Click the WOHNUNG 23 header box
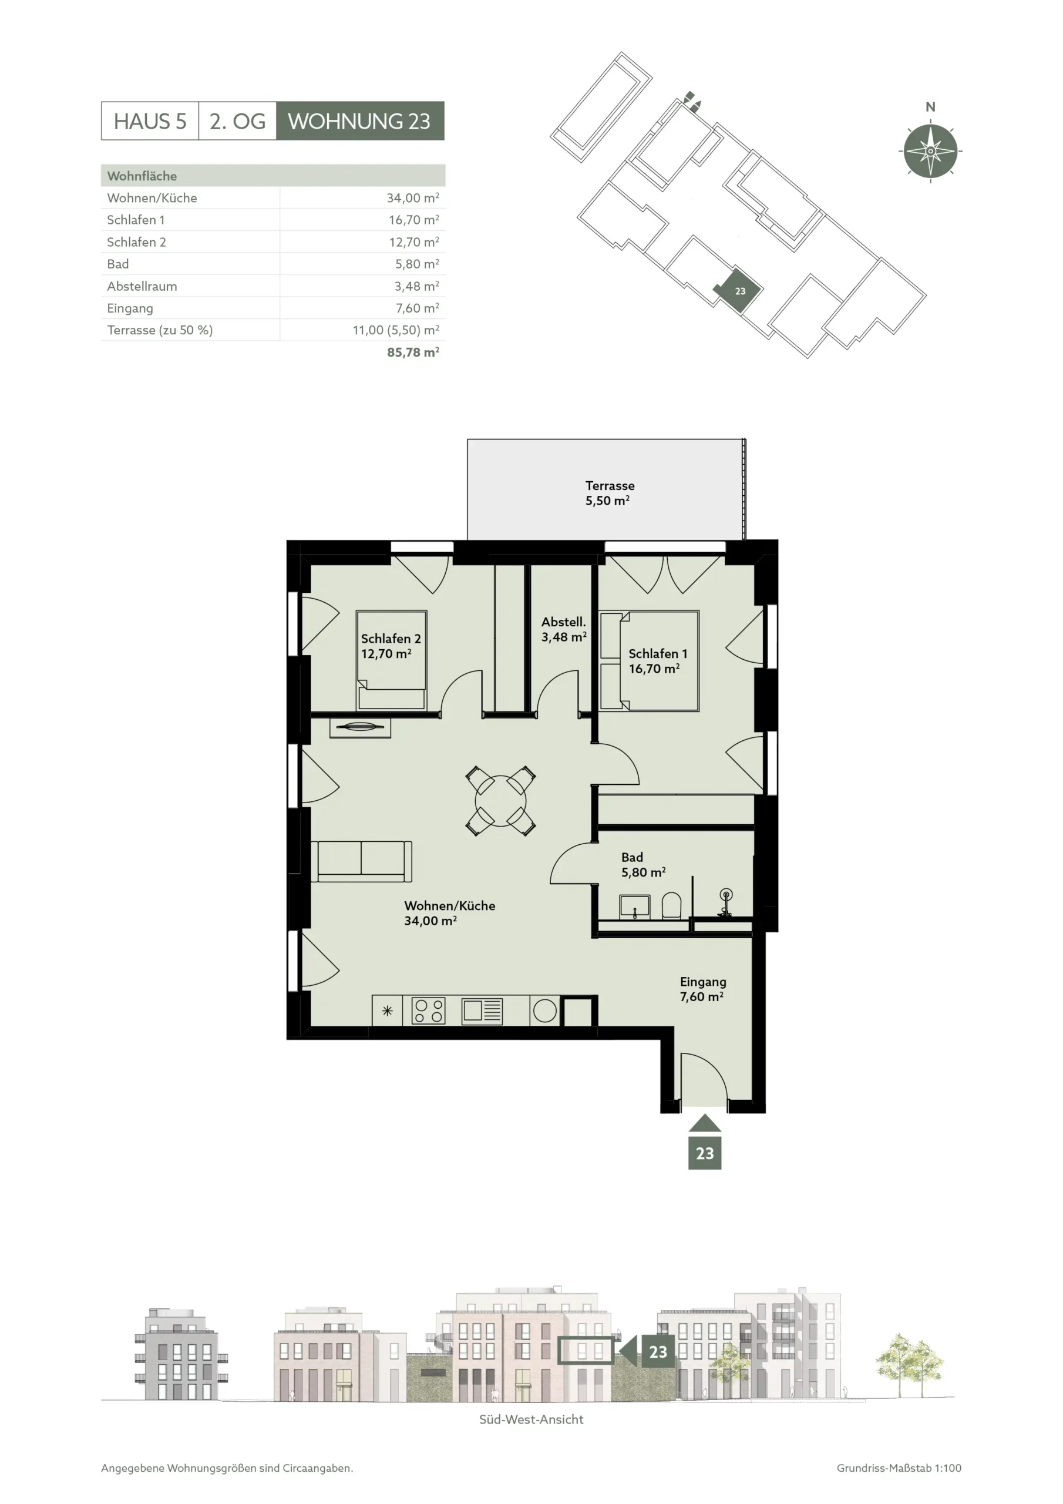click(360, 120)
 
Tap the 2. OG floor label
click(238, 121)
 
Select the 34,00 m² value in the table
click(413, 198)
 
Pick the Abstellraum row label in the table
click(142, 286)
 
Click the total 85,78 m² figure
click(413, 352)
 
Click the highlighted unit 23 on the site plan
click(739, 290)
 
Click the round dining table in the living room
click(500, 801)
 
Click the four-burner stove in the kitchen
click(428, 1010)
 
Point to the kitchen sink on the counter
click(482, 1010)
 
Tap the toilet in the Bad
click(671, 906)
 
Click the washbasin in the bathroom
click(635, 907)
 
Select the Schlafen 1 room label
click(658, 661)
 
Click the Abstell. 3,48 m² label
click(563, 629)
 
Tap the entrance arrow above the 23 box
click(705, 1123)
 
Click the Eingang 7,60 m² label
click(703, 989)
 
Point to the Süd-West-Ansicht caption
click(531, 1419)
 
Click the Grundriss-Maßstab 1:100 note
click(899, 1469)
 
